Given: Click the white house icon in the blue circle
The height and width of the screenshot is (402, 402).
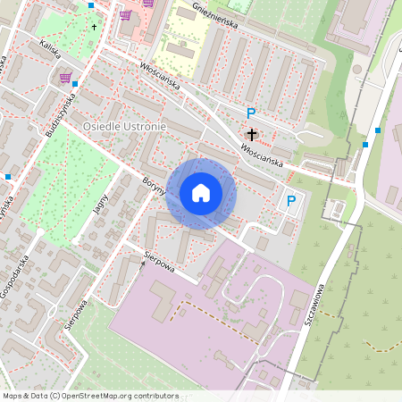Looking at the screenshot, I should [201, 193].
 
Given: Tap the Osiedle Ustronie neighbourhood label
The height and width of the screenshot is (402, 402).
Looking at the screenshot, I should [124, 128].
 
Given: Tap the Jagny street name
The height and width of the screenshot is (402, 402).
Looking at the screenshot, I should [100, 205].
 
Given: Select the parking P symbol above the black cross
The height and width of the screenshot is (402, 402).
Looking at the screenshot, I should [251, 113].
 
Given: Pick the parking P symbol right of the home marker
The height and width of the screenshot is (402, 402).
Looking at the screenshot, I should [291, 202].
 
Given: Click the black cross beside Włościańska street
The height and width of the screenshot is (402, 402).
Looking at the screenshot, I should [252, 135].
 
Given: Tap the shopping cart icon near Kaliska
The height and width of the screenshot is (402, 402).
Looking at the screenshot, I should [64, 78].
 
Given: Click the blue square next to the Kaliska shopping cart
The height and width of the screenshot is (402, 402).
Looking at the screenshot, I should [75, 84].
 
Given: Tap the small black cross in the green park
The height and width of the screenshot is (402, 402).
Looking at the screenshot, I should [93, 27].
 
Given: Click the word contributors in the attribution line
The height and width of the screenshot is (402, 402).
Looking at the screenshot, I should [155, 396].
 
